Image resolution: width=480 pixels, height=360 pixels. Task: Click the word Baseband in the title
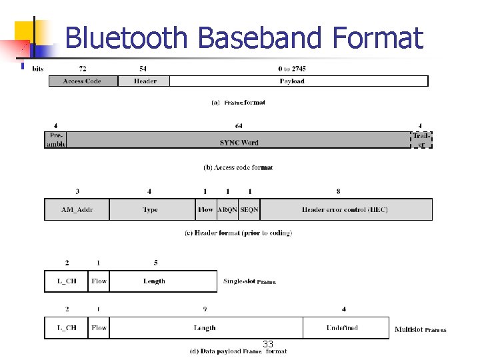tap(258, 38)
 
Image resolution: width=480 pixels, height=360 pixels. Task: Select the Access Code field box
tap(83, 81)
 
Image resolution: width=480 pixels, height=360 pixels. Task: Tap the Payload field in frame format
tap(299, 81)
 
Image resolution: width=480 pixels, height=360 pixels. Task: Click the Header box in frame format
tap(144, 81)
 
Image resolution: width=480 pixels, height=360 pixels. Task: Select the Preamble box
tap(55, 140)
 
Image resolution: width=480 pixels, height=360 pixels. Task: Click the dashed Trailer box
tap(421, 140)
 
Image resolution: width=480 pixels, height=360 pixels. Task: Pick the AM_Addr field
tap(77, 210)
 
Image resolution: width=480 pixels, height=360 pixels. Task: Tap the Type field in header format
tap(152, 210)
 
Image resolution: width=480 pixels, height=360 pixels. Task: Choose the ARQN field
tap(227, 210)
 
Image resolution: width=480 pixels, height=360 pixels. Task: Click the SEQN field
tap(249, 210)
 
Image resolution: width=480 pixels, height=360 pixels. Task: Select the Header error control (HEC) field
tap(345, 210)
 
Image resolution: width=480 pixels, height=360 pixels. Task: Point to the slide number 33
tap(268, 344)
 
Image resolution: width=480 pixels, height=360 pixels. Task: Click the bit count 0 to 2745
tap(292, 69)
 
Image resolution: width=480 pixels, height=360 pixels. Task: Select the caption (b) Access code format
tap(238, 167)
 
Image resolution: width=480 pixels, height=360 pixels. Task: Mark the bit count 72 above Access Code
tap(83, 69)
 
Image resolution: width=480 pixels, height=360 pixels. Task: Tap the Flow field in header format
tap(206, 210)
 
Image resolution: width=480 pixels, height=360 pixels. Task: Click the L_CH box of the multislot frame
tap(66, 328)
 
